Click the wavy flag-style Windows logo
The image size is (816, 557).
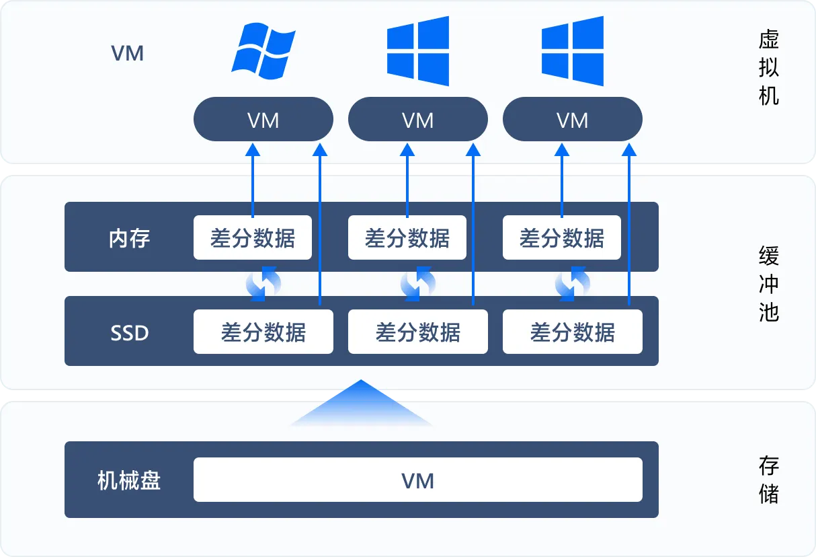(x=263, y=50)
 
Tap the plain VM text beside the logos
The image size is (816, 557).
(x=128, y=53)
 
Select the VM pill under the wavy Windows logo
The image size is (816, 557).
(x=263, y=120)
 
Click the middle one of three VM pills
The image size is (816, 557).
(x=417, y=120)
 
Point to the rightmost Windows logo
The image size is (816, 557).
(x=573, y=51)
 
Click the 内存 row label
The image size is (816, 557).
(x=129, y=238)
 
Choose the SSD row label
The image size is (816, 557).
(x=129, y=332)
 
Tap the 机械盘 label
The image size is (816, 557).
(x=129, y=480)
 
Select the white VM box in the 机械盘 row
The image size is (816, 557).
(x=417, y=480)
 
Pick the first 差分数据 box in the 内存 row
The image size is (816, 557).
(x=252, y=237)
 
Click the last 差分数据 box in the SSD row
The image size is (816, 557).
(x=572, y=332)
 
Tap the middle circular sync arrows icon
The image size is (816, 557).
(x=417, y=284)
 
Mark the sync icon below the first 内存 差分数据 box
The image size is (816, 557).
(x=263, y=284)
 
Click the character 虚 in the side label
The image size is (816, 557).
(x=768, y=39)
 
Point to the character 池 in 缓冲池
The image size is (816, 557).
(x=768, y=311)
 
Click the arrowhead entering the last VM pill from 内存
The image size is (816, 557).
(x=562, y=149)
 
